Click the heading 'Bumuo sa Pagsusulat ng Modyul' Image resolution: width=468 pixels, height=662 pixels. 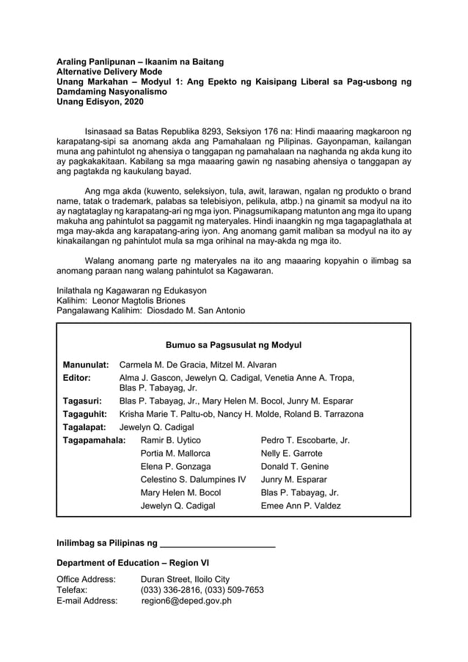pos(233,345)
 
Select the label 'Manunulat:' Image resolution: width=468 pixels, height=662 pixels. pos(85,365)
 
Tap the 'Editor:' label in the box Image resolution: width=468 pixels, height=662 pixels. pos(77,378)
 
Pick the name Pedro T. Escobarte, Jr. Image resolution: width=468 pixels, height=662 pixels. pos(305,440)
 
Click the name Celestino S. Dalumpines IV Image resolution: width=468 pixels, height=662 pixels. pos(193,480)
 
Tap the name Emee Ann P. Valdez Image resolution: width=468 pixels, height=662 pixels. pos(301,506)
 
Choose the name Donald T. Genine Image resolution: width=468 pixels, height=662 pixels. pos(295,467)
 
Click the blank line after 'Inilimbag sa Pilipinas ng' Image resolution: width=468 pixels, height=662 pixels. pos(217,544)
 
